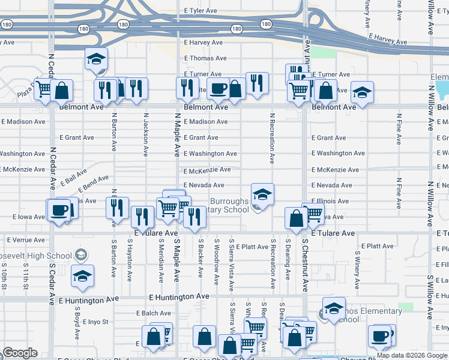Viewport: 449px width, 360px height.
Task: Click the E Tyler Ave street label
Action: click(200, 11)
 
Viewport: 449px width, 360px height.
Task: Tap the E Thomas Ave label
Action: click(205, 58)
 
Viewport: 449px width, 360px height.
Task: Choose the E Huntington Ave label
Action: click(179, 296)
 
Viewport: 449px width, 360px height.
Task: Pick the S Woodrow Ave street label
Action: click(216, 262)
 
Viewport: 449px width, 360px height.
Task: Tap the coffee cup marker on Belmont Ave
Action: click(218, 89)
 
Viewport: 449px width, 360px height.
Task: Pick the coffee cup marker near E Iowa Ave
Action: click(59, 210)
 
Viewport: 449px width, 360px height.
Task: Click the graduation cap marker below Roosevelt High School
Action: click(82, 277)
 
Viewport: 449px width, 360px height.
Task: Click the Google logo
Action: click(20, 353)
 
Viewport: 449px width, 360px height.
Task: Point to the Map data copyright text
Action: click(412, 355)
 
